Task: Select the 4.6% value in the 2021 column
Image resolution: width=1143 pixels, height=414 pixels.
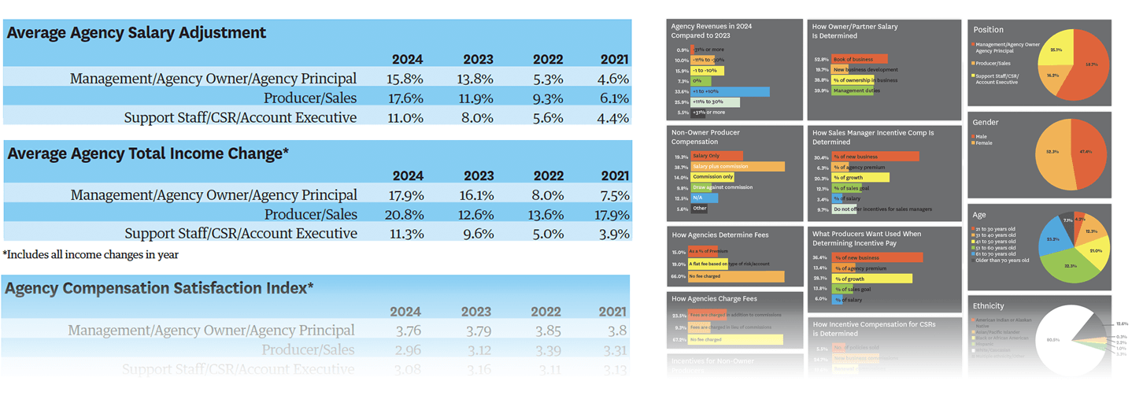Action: [x=613, y=79]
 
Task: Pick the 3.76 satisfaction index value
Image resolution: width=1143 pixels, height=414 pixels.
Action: [x=407, y=331]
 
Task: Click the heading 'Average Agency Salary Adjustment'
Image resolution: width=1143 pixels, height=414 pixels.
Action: [x=136, y=33]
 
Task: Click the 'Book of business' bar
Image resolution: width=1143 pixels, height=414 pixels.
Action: [x=860, y=59]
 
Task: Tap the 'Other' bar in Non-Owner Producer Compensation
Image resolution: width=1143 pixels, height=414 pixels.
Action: [x=700, y=209]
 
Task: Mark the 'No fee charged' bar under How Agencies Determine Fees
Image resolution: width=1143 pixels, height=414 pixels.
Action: [x=736, y=276]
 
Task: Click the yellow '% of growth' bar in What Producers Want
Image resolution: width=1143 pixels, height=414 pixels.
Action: [x=871, y=278]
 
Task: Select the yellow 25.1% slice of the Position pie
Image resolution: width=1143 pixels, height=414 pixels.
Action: [x=1057, y=50]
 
